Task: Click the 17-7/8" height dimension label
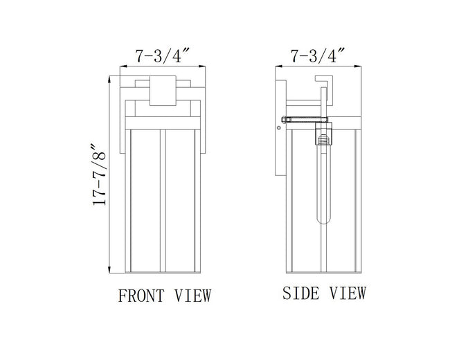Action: tap(99, 175)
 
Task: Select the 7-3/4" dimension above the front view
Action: tap(163, 55)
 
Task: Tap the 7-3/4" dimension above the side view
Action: tap(317, 55)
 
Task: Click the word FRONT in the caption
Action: tap(141, 296)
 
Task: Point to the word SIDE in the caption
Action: tap(300, 293)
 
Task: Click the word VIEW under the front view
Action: tap(193, 296)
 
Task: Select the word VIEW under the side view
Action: tap(348, 293)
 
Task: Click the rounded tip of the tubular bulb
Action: tap(324, 220)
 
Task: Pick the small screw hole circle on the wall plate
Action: tap(278, 127)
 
